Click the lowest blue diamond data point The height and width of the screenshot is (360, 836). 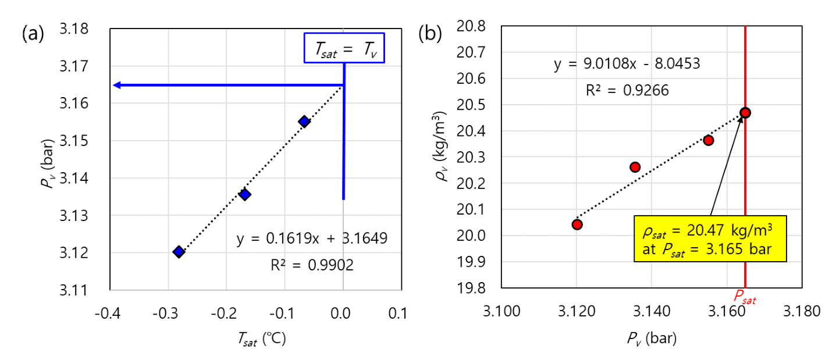point(179,251)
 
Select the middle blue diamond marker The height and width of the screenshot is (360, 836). point(245,194)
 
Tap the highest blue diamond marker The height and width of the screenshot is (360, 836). point(304,121)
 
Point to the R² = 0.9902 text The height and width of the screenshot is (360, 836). point(312,265)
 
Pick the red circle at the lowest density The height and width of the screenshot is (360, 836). point(577,224)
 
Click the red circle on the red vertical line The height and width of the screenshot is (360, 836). point(745,113)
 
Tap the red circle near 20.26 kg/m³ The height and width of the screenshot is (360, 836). point(635,167)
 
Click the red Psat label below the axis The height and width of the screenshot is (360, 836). point(745,298)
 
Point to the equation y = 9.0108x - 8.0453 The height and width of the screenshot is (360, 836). point(627,64)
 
